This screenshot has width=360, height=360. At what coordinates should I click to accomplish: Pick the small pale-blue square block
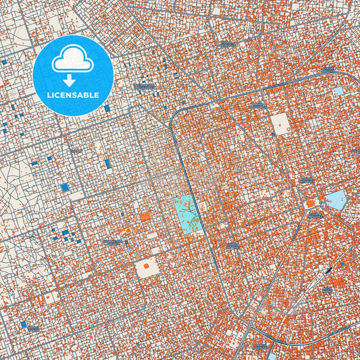[x=338, y=91]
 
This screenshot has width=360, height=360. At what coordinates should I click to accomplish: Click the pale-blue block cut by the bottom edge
[x=272, y=356]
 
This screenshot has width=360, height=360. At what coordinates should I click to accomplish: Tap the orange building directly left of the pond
[x=310, y=203]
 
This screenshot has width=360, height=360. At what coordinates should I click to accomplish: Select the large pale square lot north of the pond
[x=280, y=122]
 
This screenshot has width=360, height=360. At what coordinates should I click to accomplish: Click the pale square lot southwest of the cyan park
[x=147, y=268]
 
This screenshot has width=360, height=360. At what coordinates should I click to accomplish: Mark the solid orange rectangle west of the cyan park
[x=145, y=217]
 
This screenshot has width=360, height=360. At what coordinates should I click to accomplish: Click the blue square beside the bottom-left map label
[x=24, y=325]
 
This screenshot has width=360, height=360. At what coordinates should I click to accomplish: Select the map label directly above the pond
[x=307, y=181]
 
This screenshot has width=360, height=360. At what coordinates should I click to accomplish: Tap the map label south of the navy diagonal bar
[x=327, y=289]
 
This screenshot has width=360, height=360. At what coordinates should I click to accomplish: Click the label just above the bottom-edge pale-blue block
[x=259, y=346]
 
